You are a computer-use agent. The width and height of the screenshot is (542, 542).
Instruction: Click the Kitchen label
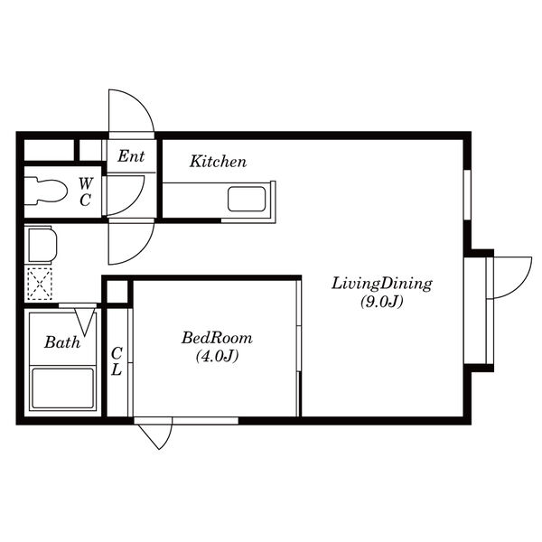218,162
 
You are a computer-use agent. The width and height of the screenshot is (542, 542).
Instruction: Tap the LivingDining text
382,285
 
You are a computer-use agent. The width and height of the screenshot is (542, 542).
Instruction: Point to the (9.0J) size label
382,302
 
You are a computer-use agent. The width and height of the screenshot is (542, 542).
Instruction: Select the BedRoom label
217,338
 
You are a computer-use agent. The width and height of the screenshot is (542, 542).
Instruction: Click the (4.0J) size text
217,356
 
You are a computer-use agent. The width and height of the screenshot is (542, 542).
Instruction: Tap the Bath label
62,342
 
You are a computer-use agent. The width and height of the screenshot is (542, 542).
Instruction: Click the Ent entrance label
131,156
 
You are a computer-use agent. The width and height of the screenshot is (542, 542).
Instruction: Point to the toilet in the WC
46,191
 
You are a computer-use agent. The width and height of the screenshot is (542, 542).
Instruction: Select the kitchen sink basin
247,199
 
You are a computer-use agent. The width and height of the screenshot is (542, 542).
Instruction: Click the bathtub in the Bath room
62,388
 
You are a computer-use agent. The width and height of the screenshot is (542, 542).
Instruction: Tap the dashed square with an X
40,284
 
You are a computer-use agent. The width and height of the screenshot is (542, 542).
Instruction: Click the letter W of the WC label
86,183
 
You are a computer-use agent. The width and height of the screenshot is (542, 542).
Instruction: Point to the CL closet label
117,361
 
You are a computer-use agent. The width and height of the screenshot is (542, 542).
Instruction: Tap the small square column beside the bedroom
117,292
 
